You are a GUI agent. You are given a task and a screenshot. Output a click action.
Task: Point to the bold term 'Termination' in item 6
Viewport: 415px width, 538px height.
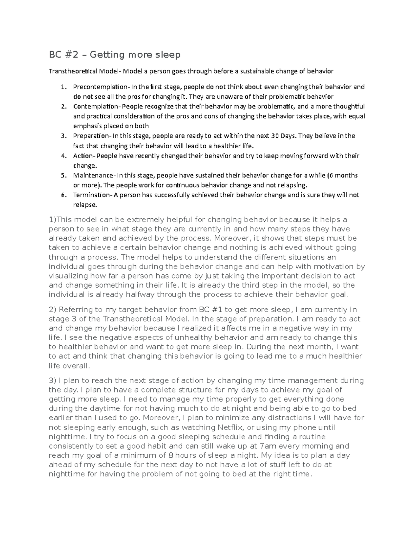pos(91,195)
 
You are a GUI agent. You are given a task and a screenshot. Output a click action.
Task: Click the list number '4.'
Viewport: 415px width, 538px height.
pos(63,156)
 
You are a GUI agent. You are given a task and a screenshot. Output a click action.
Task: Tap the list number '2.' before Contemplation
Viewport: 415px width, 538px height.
pos(63,106)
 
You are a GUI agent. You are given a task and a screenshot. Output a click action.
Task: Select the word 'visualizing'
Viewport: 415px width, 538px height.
pos(68,276)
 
